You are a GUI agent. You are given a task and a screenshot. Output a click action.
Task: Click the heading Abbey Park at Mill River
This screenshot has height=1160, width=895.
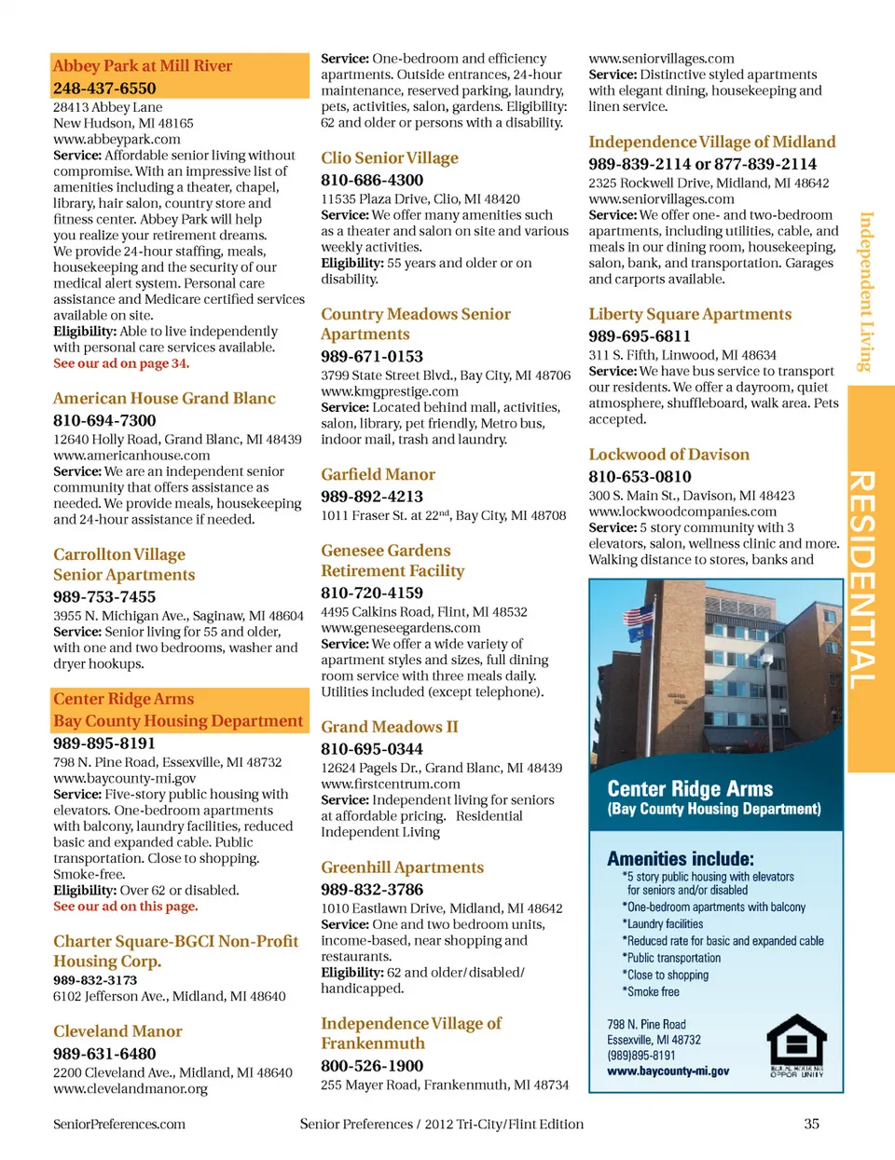click(143, 65)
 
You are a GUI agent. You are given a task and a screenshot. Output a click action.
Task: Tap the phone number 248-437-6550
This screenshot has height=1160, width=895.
click(104, 89)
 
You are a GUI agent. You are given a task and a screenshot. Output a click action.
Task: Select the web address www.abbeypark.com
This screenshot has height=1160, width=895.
click(117, 139)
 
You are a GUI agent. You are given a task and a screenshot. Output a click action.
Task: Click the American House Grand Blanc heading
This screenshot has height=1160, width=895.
click(164, 398)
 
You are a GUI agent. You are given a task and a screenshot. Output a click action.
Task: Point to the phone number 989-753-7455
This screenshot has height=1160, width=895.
click(104, 596)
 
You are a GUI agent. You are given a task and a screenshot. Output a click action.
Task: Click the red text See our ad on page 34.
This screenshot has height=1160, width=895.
click(121, 363)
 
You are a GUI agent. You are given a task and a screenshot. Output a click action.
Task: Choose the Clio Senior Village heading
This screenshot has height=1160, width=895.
click(390, 157)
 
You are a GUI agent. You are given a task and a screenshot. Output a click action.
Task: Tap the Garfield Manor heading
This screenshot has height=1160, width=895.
click(378, 474)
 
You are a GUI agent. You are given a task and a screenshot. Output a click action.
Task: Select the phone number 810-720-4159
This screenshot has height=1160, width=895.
click(372, 593)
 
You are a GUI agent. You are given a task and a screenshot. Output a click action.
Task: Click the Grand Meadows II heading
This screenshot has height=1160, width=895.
click(390, 727)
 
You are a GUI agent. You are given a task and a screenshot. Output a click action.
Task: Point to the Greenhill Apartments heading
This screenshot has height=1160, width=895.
click(402, 867)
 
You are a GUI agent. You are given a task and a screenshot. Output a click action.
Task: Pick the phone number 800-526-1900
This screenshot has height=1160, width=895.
click(372, 1066)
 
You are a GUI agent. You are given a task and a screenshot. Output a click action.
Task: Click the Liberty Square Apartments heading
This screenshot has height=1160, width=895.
click(690, 314)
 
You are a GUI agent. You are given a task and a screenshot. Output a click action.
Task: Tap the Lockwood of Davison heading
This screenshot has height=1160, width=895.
click(668, 455)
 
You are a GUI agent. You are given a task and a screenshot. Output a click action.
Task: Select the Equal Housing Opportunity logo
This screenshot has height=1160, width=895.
click(796, 1045)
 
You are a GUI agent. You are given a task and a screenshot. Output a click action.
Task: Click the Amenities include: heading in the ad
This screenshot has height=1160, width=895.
click(681, 858)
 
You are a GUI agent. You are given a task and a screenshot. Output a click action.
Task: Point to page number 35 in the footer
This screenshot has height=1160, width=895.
click(811, 1124)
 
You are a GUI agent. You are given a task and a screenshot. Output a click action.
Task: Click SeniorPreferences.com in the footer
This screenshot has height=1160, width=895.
click(119, 1124)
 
